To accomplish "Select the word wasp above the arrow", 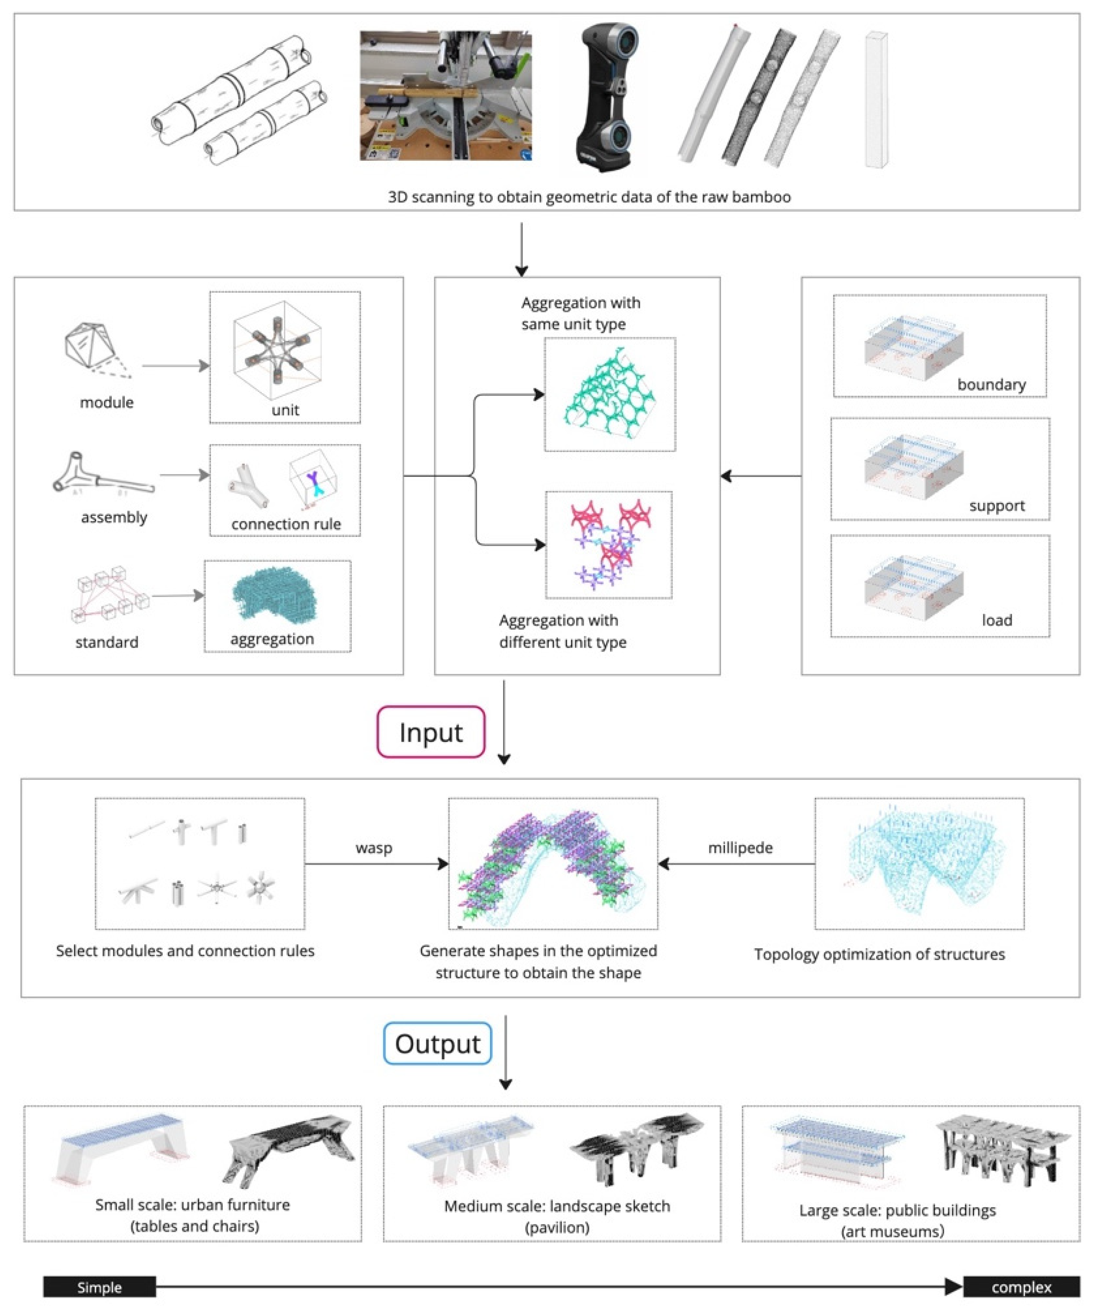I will [374, 848].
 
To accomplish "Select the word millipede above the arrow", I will [740, 848].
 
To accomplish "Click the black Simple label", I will [99, 1287].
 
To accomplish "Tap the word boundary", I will [991, 384].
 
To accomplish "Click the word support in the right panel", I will [997, 506].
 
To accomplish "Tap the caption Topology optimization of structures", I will [879, 954].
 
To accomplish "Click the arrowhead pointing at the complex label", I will [953, 1286].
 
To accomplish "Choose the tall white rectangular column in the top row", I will [876, 99].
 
